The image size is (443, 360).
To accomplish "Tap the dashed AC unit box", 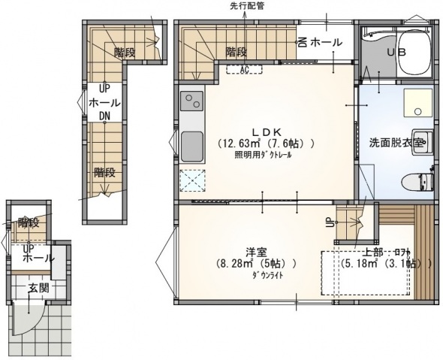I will click(x=245, y=70).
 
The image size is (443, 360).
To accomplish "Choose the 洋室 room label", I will click(x=255, y=251).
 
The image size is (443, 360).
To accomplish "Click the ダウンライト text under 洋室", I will click(x=255, y=276).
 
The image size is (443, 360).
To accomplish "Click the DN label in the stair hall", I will click(x=105, y=116).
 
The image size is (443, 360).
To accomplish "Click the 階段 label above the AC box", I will click(x=237, y=52).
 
